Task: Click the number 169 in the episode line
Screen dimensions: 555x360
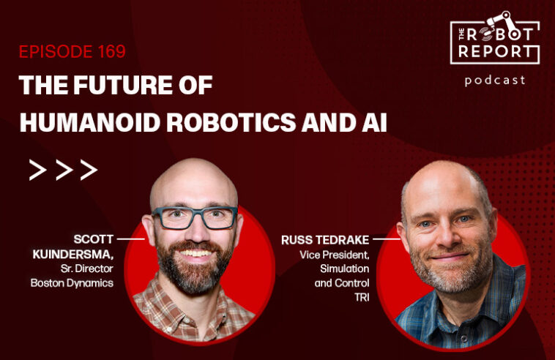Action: click(x=112, y=52)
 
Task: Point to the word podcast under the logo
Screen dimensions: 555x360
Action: click(x=495, y=80)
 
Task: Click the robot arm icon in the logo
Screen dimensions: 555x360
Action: click(x=500, y=22)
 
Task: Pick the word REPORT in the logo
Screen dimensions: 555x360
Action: click(x=495, y=51)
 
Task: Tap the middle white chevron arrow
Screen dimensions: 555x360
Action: click(x=64, y=170)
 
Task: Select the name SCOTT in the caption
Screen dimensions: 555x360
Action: click(x=94, y=239)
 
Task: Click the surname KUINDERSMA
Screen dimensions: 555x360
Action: click(x=73, y=254)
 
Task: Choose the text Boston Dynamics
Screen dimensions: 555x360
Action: click(x=72, y=283)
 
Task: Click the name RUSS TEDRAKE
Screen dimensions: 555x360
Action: click(x=325, y=240)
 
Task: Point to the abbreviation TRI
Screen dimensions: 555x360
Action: click(x=362, y=297)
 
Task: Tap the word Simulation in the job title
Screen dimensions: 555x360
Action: click(x=344, y=269)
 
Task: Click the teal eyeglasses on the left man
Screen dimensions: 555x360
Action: click(x=195, y=217)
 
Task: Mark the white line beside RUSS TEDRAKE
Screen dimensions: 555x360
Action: click(x=387, y=239)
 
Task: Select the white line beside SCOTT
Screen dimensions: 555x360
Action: click(x=130, y=239)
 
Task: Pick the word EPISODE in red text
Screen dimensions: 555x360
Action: click(x=56, y=52)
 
